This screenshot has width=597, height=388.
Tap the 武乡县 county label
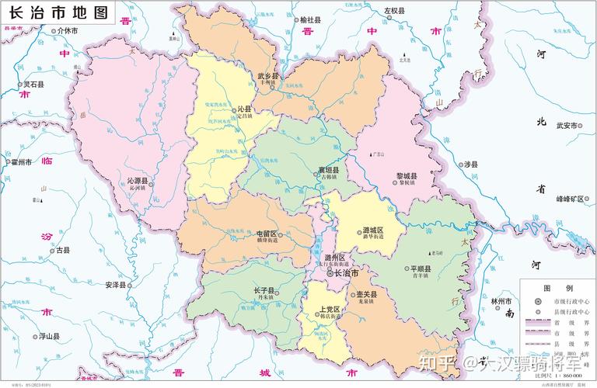coord(267,75)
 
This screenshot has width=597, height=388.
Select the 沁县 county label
coord(243,111)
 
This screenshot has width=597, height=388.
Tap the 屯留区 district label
coord(267,234)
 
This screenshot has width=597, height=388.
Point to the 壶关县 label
coord(366,294)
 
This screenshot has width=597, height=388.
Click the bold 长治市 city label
coord(347,273)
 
